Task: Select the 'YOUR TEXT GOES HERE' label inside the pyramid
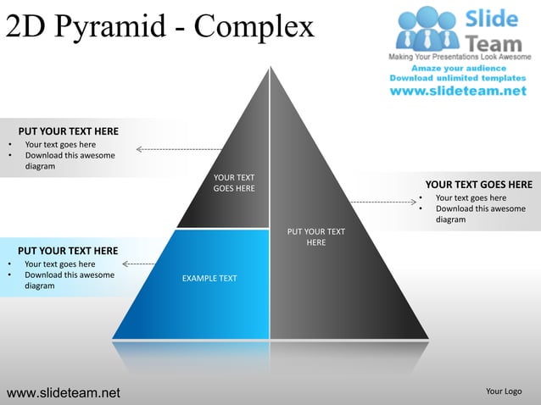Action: [x=234, y=182]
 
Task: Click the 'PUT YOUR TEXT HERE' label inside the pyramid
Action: [x=315, y=236]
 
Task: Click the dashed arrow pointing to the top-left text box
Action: [x=179, y=149]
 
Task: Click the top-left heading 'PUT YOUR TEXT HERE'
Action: [x=69, y=131]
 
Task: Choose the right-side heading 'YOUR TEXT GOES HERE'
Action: [x=478, y=185]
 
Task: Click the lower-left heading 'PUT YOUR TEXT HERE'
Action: [x=68, y=251]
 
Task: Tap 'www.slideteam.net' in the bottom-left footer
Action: [x=64, y=391]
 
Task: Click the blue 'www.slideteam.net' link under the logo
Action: [x=458, y=92]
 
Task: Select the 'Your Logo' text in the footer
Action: [x=504, y=391]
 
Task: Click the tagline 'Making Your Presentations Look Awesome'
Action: [x=460, y=56]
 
